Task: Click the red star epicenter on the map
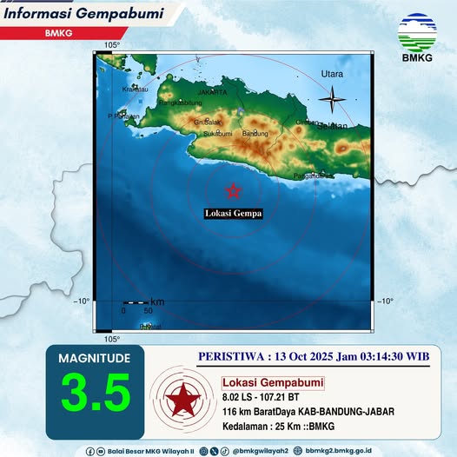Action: pos(232,191)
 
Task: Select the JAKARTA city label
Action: pos(212,92)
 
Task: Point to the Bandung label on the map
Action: pos(255,134)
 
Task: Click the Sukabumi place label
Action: pos(217,134)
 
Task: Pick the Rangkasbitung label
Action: pos(174,102)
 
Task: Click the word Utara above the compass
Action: pos(332,75)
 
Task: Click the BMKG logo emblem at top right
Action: pos(418,32)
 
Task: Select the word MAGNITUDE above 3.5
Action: pos(95,358)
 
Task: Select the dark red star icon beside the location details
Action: pos(182,401)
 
